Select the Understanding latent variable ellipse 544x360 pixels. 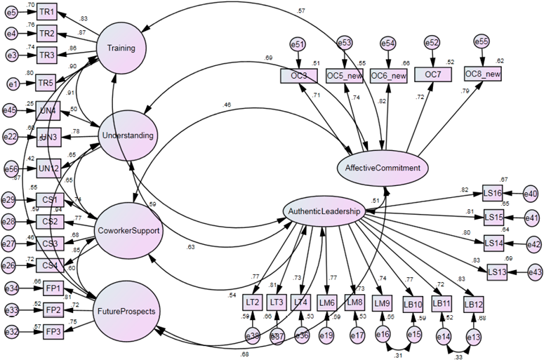pos(128,135)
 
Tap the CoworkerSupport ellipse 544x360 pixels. pos(129,230)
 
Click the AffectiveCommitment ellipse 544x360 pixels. pos(382,168)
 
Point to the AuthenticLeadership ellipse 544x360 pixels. pos(324,211)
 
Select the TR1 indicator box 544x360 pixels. pos(47,13)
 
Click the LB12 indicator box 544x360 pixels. pos(473,304)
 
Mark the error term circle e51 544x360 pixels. pos(298,45)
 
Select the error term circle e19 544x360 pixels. pos(327,336)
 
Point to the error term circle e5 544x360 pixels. pos(11,13)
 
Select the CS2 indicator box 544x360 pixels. pos(49,222)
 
